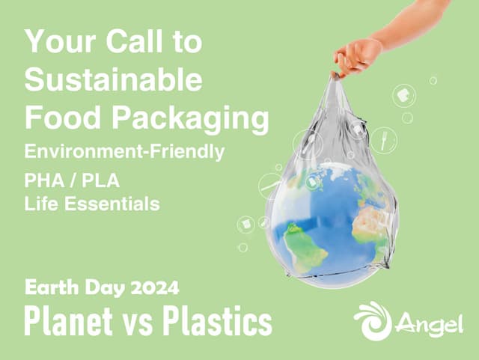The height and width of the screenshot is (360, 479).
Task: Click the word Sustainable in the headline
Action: point(112,79)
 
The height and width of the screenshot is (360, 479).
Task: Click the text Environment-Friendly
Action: point(124,152)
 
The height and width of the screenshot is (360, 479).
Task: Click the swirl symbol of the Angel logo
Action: point(372,321)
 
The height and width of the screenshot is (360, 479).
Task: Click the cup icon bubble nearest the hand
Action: point(403,96)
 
